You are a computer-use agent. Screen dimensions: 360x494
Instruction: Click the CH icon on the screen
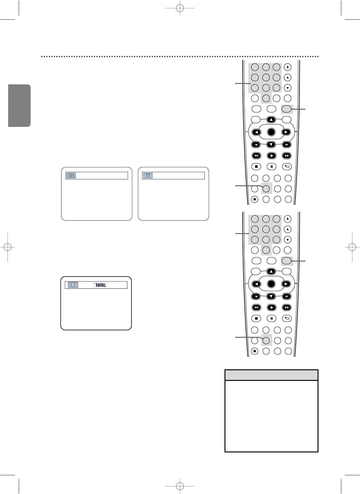[x=72, y=176]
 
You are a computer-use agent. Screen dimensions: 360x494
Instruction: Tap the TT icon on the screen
[x=148, y=176]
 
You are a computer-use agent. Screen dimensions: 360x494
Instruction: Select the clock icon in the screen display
[x=73, y=285]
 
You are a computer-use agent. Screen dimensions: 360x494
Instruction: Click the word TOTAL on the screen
[x=100, y=285]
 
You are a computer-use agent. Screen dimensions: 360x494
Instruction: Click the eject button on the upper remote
[x=288, y=67]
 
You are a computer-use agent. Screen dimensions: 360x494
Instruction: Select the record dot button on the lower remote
[x=255, y=351]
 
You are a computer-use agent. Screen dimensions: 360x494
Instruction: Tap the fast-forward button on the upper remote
[x=286, y=156]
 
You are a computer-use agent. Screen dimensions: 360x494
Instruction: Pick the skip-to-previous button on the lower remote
[x=256, y=296]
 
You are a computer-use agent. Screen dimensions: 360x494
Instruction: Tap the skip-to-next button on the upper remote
[x=286, y=144]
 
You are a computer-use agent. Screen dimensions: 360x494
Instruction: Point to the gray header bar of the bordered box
[x=271, y=375]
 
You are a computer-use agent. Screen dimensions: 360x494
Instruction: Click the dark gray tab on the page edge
[x=19, y=106]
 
